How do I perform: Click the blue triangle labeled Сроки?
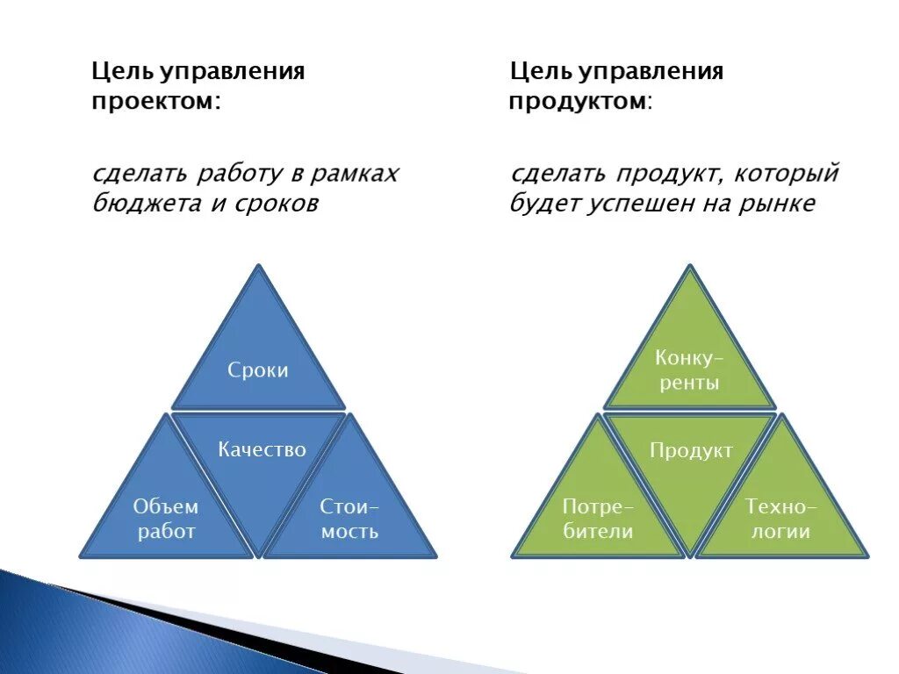click(258, 360)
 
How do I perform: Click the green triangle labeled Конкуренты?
click(689, 360)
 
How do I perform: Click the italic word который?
click(788, 174)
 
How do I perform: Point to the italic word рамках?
click(356, 174)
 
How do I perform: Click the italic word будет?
click(542, 204)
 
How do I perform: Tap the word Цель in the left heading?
click(118, 71)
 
